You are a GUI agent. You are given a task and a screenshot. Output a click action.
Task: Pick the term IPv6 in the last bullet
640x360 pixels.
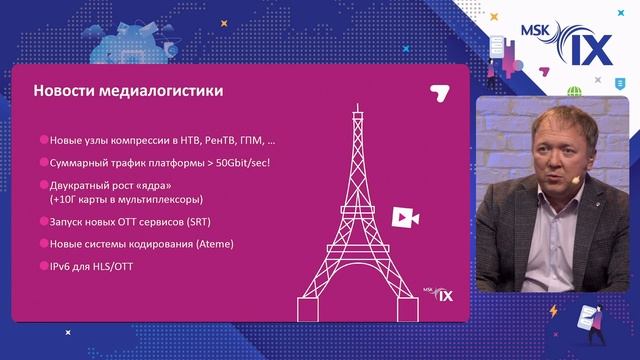point(62,266)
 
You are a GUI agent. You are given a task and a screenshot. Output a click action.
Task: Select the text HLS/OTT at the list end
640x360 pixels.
point(119,266)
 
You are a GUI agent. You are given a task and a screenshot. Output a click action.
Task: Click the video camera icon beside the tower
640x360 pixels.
point(404,218)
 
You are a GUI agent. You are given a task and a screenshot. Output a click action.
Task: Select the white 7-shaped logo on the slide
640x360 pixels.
point(437,92)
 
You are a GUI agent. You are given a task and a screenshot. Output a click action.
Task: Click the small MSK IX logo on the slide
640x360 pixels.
point(440,293)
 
